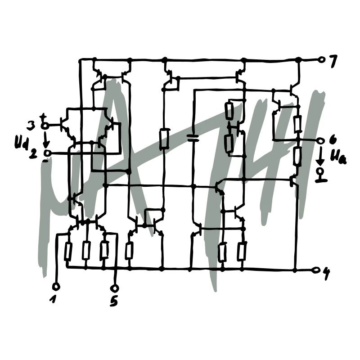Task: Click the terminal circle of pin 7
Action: click(322, 60)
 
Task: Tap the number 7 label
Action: click(333, 61)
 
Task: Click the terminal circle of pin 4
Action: click(317, 270)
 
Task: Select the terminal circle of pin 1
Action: click(56, 287)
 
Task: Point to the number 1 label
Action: click(53, 299)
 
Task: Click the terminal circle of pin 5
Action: click(115, 288)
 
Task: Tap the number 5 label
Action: click(114, 301)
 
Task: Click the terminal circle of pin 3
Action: click(45, 126)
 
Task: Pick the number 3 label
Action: click(31, 126)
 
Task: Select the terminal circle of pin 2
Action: click(48, 153)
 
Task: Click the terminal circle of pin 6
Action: click(320, 140)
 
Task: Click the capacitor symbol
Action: click(193, 137)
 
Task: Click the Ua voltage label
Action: click(338, 157)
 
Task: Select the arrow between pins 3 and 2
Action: click(46, 139)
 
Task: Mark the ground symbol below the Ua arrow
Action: click(321, 175)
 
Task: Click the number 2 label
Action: click(33, 154)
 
